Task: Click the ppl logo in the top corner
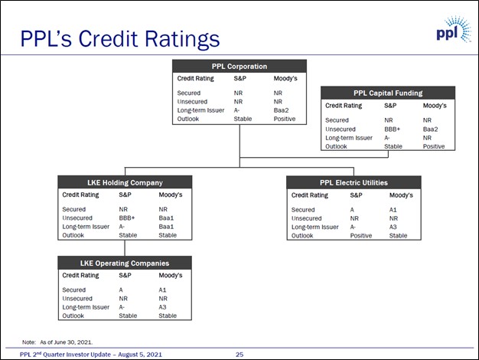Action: (x=454, y=30)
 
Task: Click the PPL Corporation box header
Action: (x=239, y=66)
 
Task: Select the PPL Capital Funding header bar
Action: (x=388, y=93)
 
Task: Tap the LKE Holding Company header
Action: (x=125, y=182)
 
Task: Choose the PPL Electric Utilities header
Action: (x=354, y=182)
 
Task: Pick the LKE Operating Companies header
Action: (x=125, y=263)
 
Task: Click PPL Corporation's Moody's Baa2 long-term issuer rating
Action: (x=281, y=110)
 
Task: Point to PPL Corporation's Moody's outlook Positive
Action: (x=285, y=119)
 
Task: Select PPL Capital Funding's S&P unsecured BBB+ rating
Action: (x=393, y=129)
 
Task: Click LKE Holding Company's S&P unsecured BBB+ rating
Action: (x=127, y=218)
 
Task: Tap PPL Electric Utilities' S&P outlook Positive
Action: (x=360, y=235)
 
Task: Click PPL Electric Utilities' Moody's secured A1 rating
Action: (x=393, y=210)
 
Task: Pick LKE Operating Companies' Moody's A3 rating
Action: (x=162, y=307)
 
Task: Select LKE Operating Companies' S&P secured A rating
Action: (x=121, y=290)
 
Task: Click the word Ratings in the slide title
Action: (x=182, y=39)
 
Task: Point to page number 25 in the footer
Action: (x=239, y=355)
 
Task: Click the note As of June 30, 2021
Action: (x=67, y=342)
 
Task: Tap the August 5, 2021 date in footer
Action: (x=140, y=355)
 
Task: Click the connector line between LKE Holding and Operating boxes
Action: (x=125, y=248)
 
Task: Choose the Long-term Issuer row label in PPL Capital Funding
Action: (x=349, y=138)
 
